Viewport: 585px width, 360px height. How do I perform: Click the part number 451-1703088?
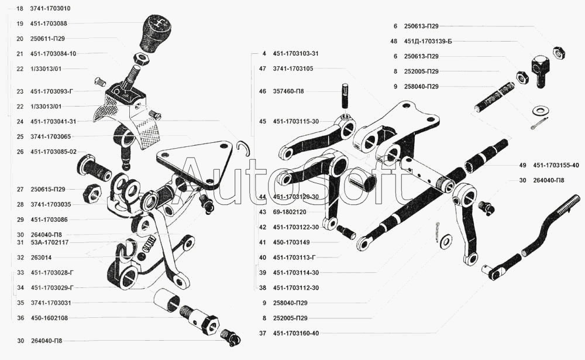coord(49,23)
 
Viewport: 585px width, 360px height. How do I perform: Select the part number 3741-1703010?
coord(50,8)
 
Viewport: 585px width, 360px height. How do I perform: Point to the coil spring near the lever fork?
coord(149,243)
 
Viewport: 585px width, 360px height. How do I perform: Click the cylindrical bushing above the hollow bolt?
coord(167,300)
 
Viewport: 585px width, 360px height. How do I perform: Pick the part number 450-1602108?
coord(49,318)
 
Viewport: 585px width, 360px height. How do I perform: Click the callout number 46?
coord(263,91)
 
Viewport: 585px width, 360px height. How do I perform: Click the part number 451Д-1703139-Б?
coord(428,41)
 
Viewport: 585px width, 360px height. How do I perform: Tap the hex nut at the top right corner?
coord(559,53)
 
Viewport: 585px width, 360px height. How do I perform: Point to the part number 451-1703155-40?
coord(556,165)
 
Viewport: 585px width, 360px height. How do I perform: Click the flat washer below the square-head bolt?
coord(538,111)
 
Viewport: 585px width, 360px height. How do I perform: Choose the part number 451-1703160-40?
coord(296,333)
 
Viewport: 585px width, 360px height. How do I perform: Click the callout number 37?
coord(263,333)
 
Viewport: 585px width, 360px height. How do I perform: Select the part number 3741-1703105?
coord(293,68)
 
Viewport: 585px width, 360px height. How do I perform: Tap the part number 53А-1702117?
coord(50,242)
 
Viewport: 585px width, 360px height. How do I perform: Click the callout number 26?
coord(20,152)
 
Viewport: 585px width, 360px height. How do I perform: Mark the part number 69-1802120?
coord(290,212)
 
